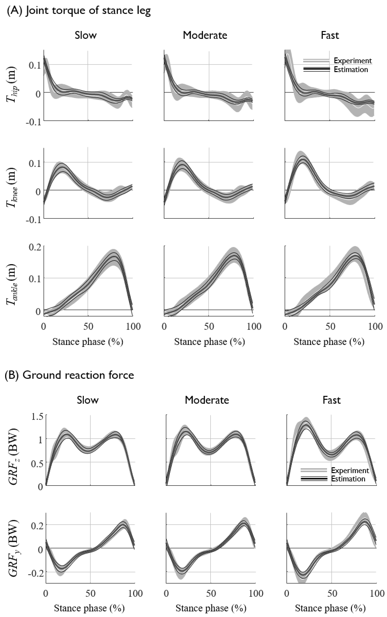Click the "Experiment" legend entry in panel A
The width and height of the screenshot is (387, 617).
[x=353, y=61]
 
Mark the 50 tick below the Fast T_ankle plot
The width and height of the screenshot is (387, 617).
[x=330, y=327]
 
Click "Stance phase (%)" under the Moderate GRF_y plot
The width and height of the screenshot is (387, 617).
[x=211, y=608]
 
